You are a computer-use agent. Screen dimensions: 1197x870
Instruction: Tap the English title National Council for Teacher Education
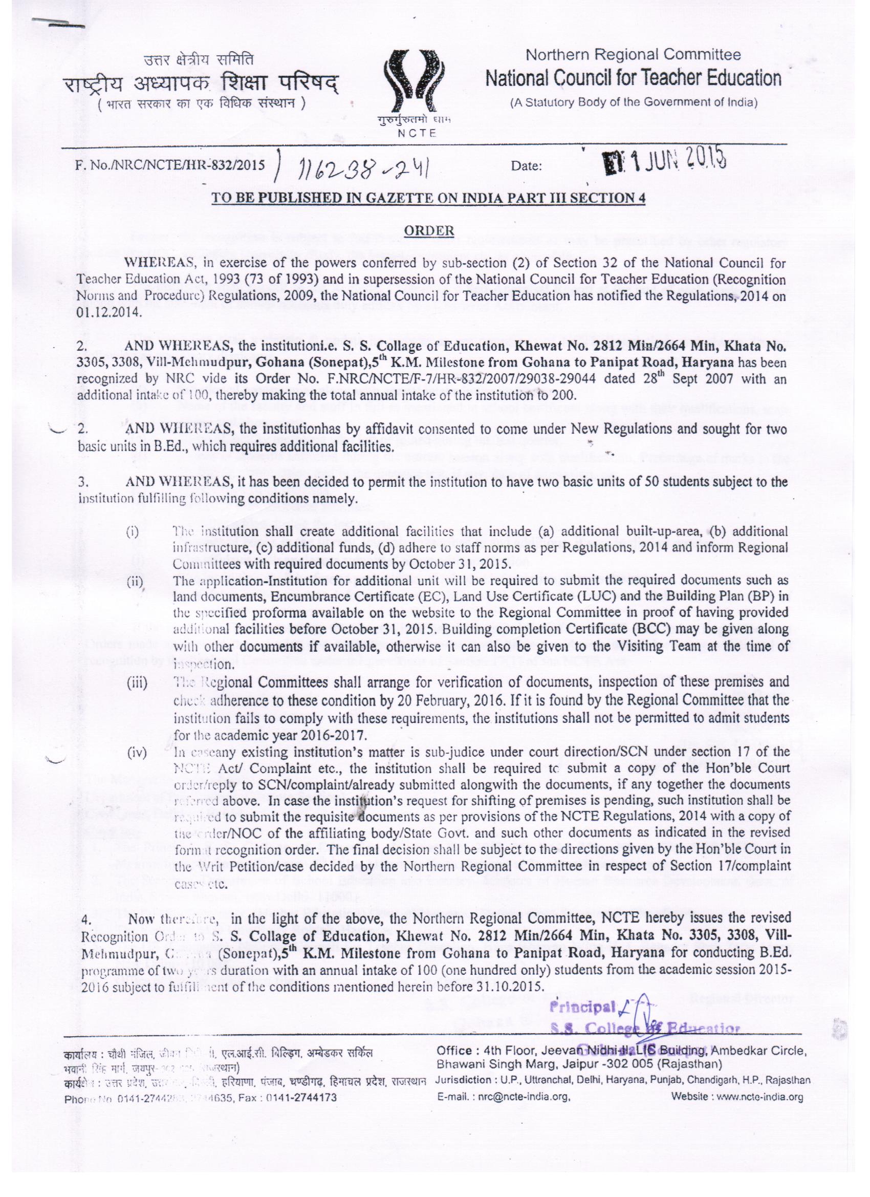(x=633, y=79)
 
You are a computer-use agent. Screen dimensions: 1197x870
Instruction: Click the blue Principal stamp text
(x=575, y=1004)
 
